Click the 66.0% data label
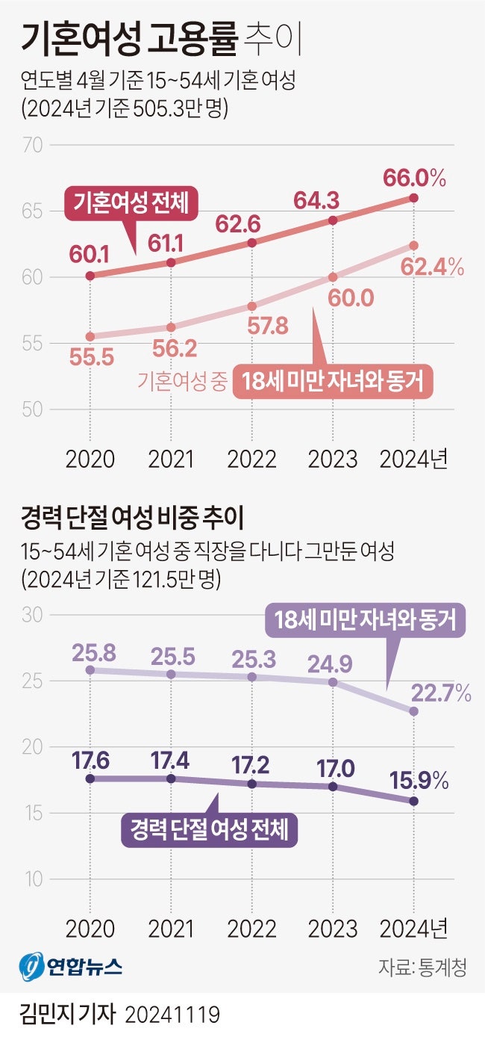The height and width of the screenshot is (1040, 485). tap(414, 179)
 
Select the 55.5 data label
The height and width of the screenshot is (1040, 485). tap(92, 358)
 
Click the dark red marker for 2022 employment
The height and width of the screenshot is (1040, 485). tap(252, 243)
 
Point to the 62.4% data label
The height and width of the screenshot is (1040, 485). tap(432, 267)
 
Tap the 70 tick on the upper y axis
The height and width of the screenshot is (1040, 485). tap(34, 145)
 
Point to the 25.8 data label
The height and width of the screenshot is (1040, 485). tap(92, 652)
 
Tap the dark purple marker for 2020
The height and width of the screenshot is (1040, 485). tap(90, 779)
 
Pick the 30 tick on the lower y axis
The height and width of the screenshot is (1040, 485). tap(34, 616)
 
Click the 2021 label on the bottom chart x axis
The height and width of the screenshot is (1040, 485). tap(171, 929)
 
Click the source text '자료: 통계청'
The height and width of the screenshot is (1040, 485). tap(422, 968)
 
